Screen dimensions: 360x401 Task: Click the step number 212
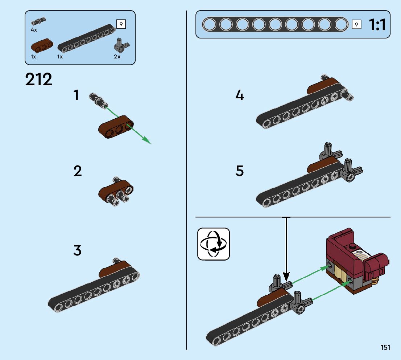coord(39,79)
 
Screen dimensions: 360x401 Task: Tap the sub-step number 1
coord(76,95)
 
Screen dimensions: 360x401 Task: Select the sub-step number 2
coord(78,171)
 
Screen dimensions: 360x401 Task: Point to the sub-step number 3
coord(78,250)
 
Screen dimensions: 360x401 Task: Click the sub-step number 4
coord(240,95)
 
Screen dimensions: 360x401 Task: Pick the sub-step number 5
coord(240,171)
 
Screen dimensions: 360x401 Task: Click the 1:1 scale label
coord(377,25)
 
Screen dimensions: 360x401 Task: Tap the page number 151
coord(385,348)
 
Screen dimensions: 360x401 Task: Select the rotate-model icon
coord(214,244)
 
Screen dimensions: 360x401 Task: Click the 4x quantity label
coord(34,30)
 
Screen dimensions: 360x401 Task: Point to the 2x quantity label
coord(117,57)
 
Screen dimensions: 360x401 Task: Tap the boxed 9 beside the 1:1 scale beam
coord(357,25)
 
